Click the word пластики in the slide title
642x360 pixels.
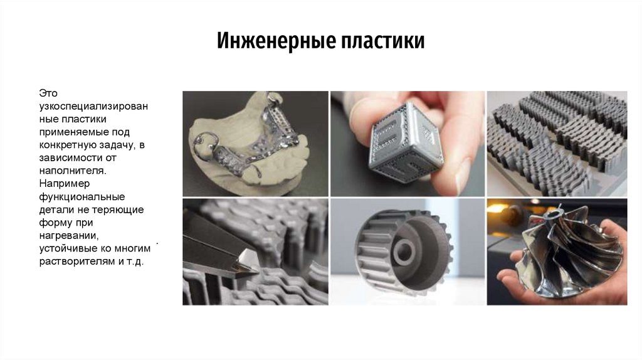click(383, 41)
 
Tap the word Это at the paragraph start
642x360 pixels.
click(48, 93)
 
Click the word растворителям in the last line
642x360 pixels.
click(75, 260)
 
